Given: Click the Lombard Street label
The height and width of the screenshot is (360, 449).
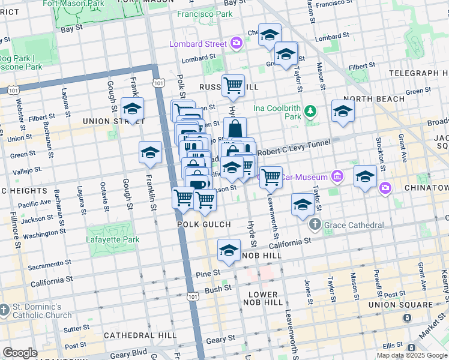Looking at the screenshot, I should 198,44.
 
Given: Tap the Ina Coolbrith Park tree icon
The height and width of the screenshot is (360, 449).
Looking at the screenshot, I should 310,111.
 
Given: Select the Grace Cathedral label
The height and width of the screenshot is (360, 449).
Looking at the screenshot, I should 354,225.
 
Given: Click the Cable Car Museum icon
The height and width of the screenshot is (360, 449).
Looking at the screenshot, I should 337,177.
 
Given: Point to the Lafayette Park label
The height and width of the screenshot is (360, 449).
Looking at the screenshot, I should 113,239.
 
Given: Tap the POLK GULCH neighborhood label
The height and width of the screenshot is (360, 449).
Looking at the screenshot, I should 204,224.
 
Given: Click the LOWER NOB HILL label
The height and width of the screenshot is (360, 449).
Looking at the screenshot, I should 262,298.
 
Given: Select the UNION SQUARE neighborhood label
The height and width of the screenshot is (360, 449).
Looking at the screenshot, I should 400,305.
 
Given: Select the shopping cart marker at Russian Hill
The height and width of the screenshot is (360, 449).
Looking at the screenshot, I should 233,86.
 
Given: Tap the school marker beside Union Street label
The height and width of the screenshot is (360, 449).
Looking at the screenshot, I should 133,109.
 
